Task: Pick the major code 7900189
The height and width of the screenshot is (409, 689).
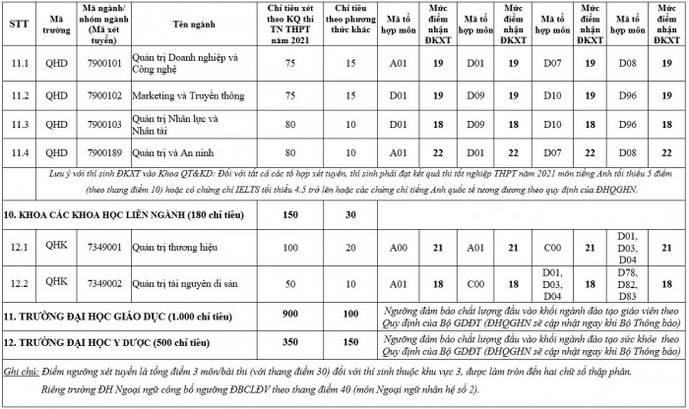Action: [101, 152]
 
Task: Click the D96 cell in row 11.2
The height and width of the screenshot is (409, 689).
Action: [620, 97]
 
